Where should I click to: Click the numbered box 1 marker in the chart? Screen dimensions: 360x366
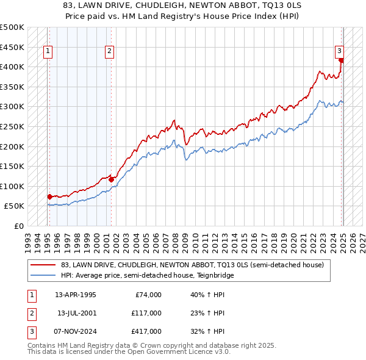pyautogui.click(x=48, y=52)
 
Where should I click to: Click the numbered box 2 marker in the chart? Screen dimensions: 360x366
pyautogui.click(x=109, y=52)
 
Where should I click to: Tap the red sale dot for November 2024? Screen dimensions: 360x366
pyautogui.click(x=342, y=60)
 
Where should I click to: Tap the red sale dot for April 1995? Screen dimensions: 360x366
pyautogui.click(x=49, y=196)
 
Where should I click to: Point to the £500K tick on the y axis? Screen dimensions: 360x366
pyautogui.click(x=12, y=27)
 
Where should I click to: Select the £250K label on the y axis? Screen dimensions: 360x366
pyautogui.click(x=12, y=126)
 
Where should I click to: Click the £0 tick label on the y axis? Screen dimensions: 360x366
pyautogui.click(x=18, y=226)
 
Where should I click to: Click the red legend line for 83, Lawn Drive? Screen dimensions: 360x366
pyautogui.click(x=43, y=265)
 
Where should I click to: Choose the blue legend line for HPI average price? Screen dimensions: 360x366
pyautogui.click(x=43, y=275)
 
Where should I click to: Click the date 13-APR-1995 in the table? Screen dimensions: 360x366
pyautogui.click(x=76, y=295)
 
